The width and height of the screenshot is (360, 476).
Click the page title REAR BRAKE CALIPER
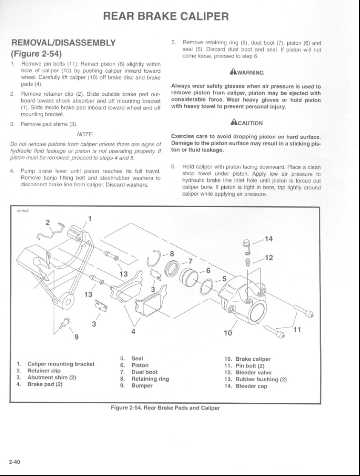click(x=166, y=17)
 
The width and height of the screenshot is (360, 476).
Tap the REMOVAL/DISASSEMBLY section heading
click(x=63, y=43)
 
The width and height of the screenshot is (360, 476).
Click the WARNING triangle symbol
click(x=232, y=72)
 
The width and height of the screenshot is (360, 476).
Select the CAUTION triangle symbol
click(x=232, y=123)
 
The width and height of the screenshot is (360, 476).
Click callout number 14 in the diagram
click(x=269, y=239)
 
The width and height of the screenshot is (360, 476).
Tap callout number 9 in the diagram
click(x=76, y=338)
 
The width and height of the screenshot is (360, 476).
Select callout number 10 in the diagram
click(x=228, y=333)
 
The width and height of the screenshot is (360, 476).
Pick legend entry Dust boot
click(x=144, y=372)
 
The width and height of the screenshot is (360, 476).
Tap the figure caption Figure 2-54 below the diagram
click(x=165, y=408)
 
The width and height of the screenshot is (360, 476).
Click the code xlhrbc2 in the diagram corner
click(x=22, y=210)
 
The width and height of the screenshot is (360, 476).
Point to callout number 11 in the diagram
click(x=297, y=330)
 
